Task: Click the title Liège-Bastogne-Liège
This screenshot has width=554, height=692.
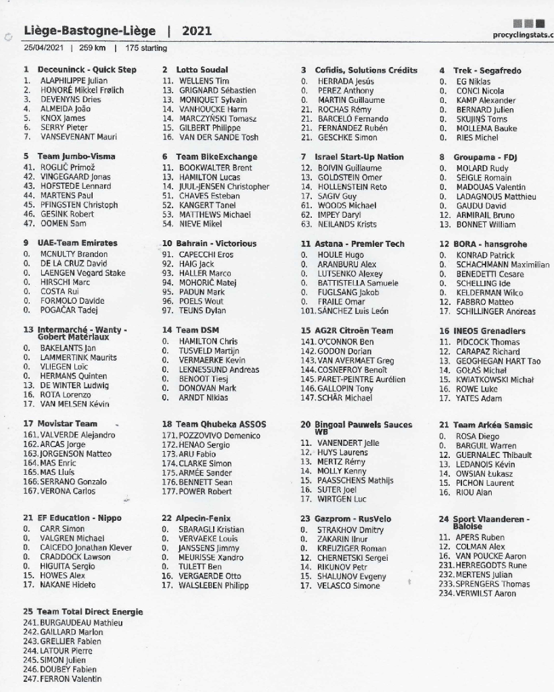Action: [89, 30]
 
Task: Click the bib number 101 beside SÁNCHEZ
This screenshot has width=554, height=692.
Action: [308, 310]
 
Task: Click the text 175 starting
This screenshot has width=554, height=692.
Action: [145, 49]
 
